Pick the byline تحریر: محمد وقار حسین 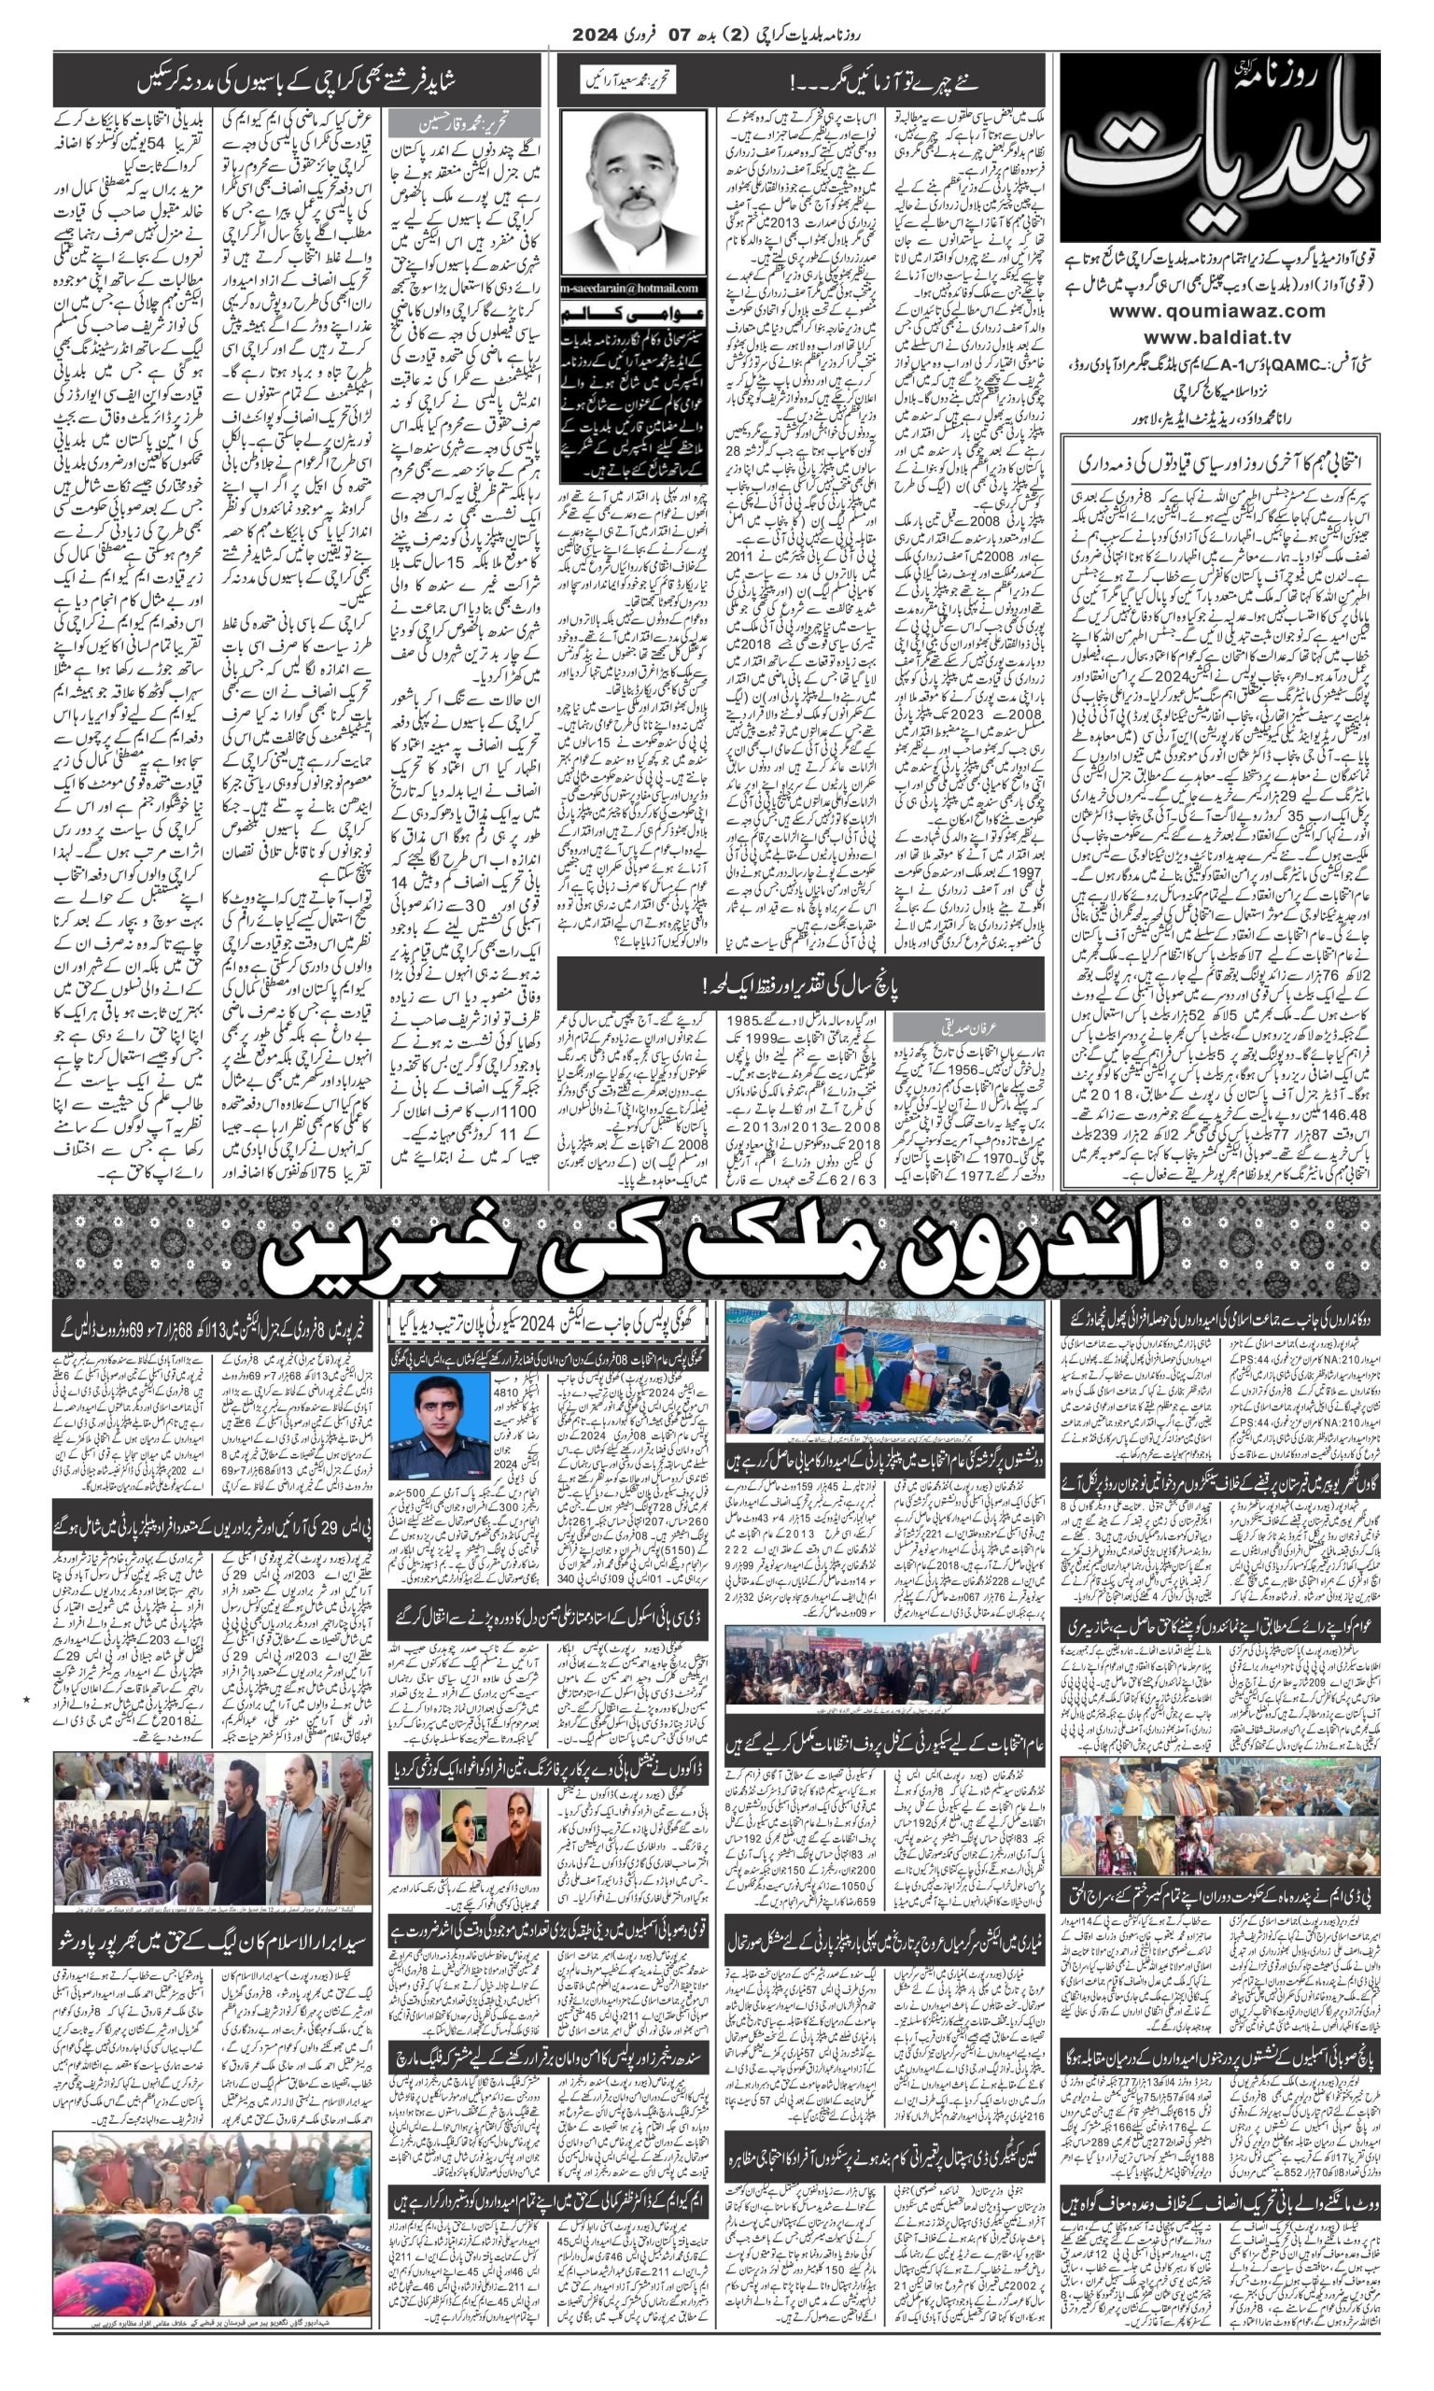click(x=463, y=123)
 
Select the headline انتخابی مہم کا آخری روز click(x=1219, y=462)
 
